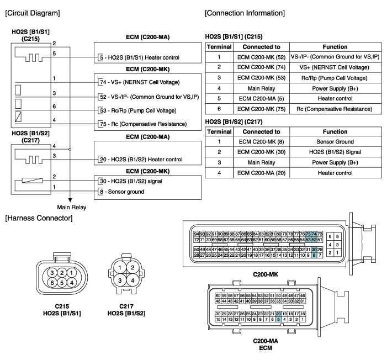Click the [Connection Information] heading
245,12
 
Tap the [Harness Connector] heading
35,219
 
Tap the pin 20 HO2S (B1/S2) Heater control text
145,159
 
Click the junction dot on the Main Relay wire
71,149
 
